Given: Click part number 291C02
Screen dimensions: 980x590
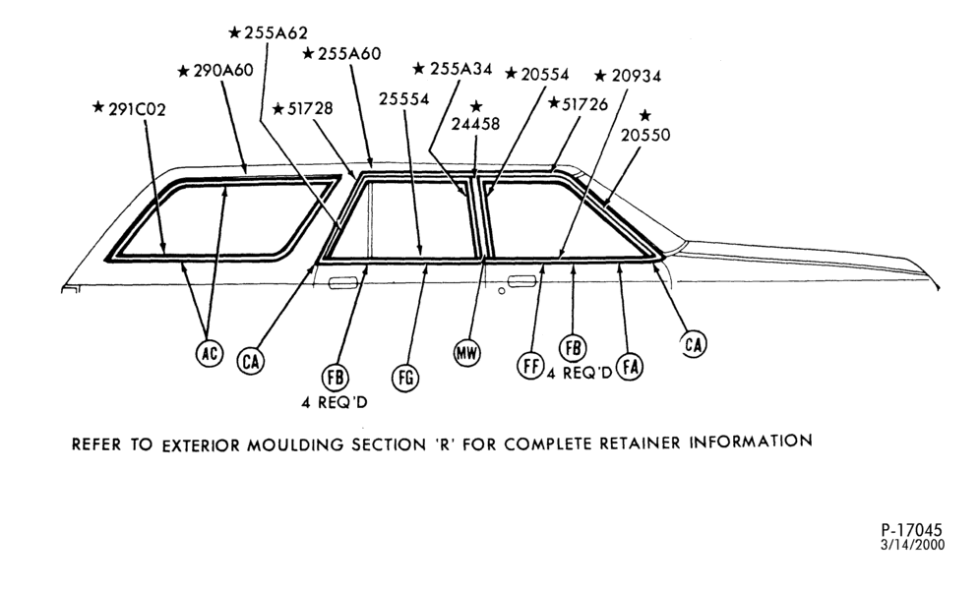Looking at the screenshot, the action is [137, 110].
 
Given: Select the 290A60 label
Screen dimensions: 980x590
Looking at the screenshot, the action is [223, 71].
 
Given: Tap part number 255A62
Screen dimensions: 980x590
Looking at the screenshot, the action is [276, 32].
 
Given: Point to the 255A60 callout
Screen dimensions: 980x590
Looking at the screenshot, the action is [349, 54].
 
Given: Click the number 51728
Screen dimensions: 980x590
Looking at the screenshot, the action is [310, 108].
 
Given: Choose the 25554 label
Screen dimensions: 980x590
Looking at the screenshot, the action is [404, 99].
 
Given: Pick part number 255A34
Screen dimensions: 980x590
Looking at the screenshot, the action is [461, 69].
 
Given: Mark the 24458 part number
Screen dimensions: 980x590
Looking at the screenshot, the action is [475, 124].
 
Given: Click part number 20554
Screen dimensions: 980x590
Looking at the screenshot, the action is [545, 75].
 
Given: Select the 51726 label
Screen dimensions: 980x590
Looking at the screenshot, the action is [585, 104].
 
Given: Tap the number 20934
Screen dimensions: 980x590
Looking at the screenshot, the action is [637, 76].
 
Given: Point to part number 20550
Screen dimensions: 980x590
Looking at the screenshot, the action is [645, 135].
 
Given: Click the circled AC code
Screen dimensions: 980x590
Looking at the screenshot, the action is [210, 354].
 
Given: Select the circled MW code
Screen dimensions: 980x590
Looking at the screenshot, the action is [466, 354].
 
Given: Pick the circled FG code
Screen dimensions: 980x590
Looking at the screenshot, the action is [405, 378].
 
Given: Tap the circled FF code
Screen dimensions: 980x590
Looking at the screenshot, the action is [530, 365].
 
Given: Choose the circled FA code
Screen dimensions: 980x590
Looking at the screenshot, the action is [630, 367].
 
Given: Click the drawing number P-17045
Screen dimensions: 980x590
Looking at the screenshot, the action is [911, 531].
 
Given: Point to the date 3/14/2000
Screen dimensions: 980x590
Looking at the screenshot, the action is [912, 545].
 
